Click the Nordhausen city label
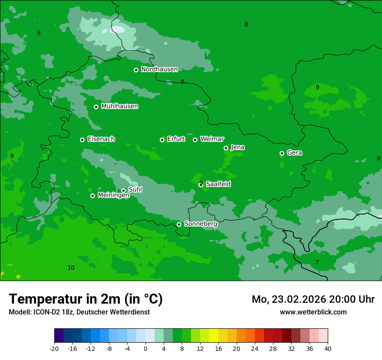[159, 69]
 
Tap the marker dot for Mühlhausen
[96, 107]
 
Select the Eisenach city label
[101, 139]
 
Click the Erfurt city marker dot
[162, 140]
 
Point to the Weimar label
[212, 139]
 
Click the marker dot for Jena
[226, 148]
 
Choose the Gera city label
[294, 153]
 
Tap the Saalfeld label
[218, 184]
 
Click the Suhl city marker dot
[123, 190]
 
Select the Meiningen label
[113, 195]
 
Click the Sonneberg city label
[201, 224]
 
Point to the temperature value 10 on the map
[71, 268]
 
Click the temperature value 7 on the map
[317, 262]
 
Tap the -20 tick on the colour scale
[54, 348]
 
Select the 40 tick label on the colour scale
[327, 348]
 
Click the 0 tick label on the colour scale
[145, 348]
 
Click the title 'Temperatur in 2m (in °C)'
[86, 299]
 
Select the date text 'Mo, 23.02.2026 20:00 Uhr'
[313, 299]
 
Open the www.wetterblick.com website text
[313, 312]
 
